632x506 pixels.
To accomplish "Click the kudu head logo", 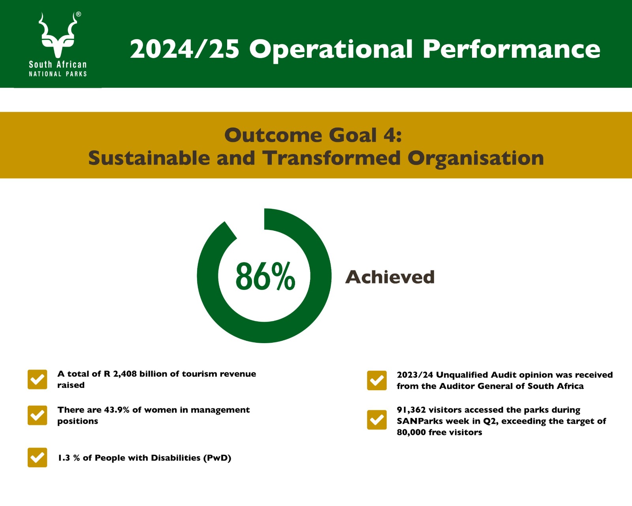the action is (58, 35).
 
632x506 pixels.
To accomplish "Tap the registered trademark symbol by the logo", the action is (79, 14).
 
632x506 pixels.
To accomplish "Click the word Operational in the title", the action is (331, 50).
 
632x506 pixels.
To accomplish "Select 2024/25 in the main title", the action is (184, 49).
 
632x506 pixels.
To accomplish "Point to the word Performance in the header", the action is (511, 49).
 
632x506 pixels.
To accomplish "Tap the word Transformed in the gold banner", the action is (331, 158).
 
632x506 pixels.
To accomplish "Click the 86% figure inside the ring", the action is (265, 276).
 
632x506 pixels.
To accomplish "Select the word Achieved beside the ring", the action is (390, 277).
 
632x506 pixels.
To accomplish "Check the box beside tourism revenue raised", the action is (37, 379).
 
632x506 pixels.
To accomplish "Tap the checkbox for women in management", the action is (37, 415).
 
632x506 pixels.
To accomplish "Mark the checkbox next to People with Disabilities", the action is (37, 457).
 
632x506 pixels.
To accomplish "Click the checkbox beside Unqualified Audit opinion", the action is (377, 380).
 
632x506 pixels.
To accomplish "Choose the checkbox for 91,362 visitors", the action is (377, 419).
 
